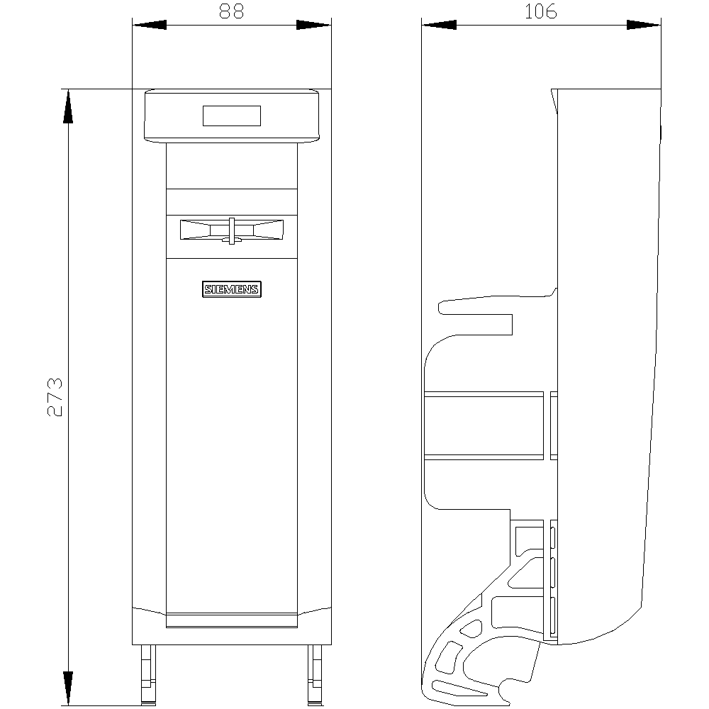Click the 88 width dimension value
[x=232, y=11]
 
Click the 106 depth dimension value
[x=541, y=11]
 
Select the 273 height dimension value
[x=55, y=397]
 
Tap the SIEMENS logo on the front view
[x=232, y=289]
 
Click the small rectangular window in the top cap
[x=232, y=116]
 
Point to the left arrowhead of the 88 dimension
[x=149, y=25]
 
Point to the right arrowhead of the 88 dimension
[x=314, y=25]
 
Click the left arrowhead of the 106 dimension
[x=439, y=25]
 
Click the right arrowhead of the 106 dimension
[x=644, y=25]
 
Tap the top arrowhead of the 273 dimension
[x=68, y=106]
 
